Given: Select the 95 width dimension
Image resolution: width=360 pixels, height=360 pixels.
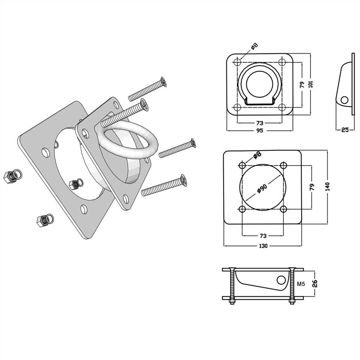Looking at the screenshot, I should (259, 130).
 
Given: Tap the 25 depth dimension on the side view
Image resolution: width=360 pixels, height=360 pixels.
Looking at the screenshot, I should (345, 130).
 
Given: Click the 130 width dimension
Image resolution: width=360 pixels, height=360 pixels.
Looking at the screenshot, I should (263, 246).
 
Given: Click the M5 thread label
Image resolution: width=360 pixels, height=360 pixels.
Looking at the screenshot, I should (301, 284).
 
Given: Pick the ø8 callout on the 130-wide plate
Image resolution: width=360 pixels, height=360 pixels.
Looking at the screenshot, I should (257, 156).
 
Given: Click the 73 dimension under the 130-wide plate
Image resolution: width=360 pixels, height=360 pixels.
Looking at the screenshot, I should (263, 236).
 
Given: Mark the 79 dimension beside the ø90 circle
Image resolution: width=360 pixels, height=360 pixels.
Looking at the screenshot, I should (312, 187).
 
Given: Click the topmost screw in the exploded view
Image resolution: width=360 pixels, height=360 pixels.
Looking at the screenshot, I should (148, 90).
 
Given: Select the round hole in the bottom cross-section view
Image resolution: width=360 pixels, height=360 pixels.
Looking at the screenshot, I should (281, 280).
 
